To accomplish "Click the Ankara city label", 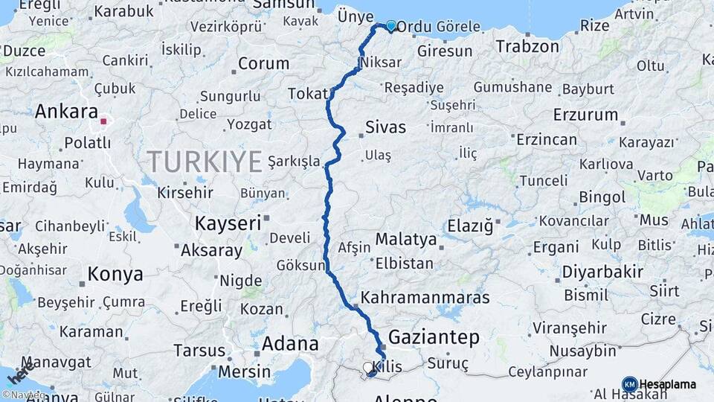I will tap(67, 112).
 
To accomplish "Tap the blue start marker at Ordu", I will tap(391, 25).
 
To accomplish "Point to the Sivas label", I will tap(385, 127).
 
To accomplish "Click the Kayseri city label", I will tap(228, 222).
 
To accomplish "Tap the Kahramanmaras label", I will tap(425, 298).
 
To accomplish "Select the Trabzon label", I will tap(527, 46).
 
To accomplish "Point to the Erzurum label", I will tap(585, 115).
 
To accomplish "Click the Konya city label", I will tap(115, 274).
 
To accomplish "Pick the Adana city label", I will tap(290, 344).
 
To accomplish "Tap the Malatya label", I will tap(405, 240).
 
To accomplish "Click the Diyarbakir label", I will tap(602, 272).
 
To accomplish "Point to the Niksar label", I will tap(385, 65).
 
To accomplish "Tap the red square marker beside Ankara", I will tap(104, 120).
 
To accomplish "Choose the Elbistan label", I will tap(405, 263).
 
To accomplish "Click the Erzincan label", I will tap(547, 139).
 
